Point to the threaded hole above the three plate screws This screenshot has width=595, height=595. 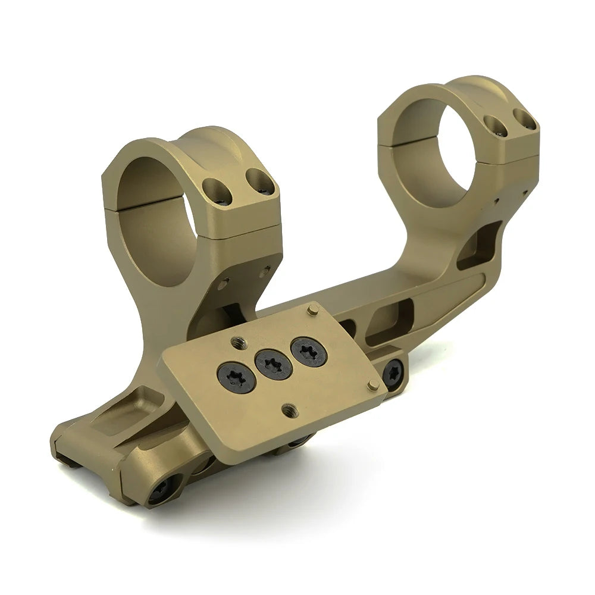(x=238, y=341)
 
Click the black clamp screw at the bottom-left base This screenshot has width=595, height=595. (x=162, y=489)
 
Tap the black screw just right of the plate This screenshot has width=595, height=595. (x=393, y=374)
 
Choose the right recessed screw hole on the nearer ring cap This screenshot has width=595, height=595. (x=260, y=182)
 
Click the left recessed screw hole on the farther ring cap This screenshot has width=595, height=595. (x=496, y=126)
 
